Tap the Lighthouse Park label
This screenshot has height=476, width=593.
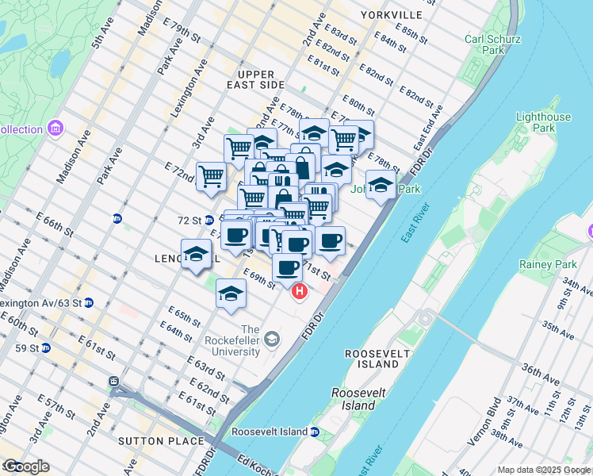click(543, 122)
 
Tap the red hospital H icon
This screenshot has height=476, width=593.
click(300, 292)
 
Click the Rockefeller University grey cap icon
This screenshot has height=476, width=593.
click(272, 340)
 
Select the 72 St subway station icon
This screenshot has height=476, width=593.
click(209, 220)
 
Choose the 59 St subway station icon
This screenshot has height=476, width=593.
click(46, 347)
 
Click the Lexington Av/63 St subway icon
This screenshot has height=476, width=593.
click(89, 302)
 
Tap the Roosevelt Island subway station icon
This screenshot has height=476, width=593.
click(314, 432)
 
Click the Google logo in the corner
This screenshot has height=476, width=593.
click(25, 466)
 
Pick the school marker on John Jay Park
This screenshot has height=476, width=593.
click(381, 185)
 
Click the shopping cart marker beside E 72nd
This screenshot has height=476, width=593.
click(211, 175)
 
